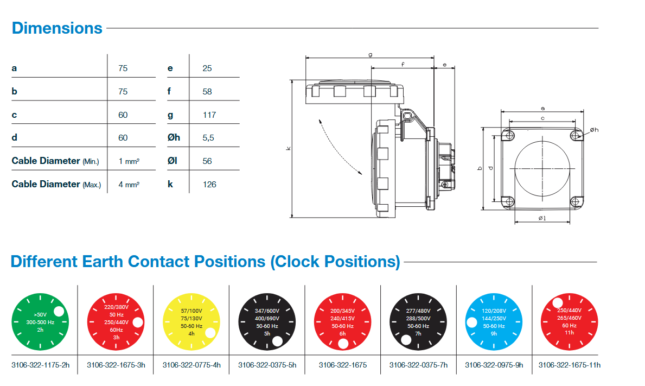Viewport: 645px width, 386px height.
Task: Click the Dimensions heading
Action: tap(57, 28)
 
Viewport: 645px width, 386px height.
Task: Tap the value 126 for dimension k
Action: tap(209, 184)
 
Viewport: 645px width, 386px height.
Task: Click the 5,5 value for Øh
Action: tap(208, 137)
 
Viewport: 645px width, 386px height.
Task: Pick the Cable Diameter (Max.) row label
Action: tap(56, 184)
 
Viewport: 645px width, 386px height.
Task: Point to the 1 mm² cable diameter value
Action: tap(129, 161)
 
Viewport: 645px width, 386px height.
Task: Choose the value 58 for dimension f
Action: tap(207, 91)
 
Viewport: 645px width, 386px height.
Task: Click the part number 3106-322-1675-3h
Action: tap(116, 365)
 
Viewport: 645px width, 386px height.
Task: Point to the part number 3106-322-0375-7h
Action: tap(418, 365)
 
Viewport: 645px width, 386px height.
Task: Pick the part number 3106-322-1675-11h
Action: tap(569, 365)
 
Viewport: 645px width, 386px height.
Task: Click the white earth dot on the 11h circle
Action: tap(557, 303)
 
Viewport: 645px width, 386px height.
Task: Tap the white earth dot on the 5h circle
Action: tap(277, 341)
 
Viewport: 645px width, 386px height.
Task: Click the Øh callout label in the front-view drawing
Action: tap(593, 129)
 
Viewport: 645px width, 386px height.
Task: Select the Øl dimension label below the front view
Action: tap(542, 218)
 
